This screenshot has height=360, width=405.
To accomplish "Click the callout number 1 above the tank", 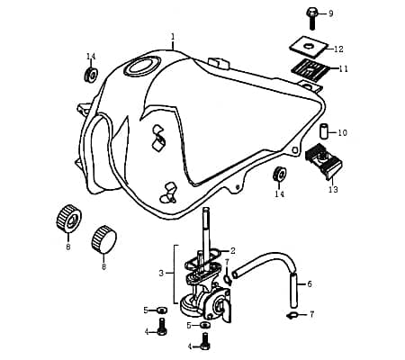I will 172,37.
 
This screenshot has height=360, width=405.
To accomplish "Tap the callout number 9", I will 330,13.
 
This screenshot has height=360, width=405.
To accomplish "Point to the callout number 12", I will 338,49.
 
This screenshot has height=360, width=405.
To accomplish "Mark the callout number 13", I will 333,190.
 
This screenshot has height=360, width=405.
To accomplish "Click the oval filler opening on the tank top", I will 144,66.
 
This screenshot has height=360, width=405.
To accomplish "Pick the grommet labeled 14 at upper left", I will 90,73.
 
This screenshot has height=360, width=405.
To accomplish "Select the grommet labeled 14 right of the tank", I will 280,174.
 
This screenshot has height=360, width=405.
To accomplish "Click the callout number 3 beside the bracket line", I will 161,273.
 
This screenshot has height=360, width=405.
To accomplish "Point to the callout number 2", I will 232,250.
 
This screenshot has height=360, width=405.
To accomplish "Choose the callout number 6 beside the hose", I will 310,283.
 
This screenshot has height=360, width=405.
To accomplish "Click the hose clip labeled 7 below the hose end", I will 294,315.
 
